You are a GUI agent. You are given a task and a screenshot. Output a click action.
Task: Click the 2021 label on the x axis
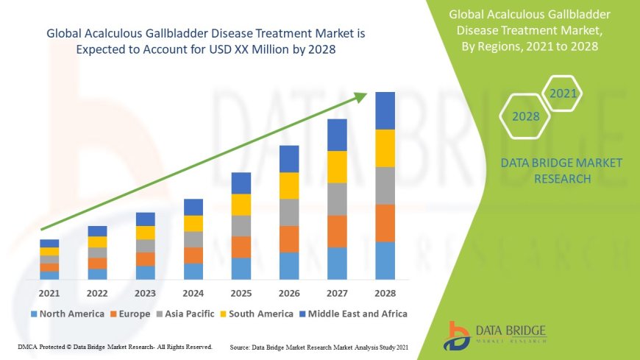(x=49, y=293)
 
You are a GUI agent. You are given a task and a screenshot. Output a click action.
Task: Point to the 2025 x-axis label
(x=241, y=293)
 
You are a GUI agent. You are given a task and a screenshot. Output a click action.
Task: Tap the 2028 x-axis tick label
(x=385, y=293)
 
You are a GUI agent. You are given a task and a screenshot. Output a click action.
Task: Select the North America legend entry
(x=67, y=314)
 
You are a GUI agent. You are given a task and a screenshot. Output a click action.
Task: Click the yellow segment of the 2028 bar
(x=385, y=148)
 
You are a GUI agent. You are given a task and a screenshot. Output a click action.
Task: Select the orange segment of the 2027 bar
(x=337, y=231)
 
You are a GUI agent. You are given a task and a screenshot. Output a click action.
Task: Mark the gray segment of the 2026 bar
(x=289, y=212)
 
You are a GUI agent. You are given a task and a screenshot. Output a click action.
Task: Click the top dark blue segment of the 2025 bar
(x=241, y=183)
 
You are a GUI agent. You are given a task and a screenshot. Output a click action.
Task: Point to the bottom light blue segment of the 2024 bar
(x=193, y=272)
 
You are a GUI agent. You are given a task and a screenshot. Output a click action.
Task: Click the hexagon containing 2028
(x=526, y=116)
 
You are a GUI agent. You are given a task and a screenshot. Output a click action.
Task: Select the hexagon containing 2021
(x=563, y=93)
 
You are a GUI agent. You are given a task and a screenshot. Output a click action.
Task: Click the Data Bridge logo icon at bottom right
(x=458, y=335)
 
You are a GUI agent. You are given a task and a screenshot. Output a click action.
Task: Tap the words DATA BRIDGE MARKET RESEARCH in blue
(x=561, y=170)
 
